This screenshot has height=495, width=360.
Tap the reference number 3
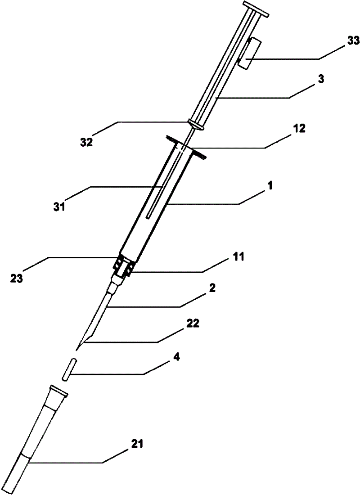(x=320, y=79)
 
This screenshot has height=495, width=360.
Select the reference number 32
(x=86, y=142)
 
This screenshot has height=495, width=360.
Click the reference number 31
(x=59, y=207)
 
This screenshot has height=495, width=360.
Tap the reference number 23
(x=16, y=279)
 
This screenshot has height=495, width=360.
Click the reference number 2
(x=212, y=288)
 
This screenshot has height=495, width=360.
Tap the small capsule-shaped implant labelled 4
(x=69, y=369)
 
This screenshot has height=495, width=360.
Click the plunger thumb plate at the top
(x=256, y=9)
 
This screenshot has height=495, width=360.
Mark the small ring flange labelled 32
(x=196, y=124)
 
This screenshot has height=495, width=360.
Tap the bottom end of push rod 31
(x=149, y=217)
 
